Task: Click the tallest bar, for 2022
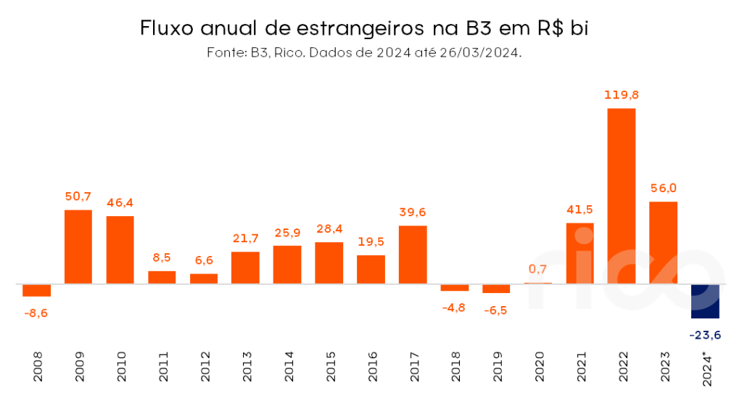click(621, 196)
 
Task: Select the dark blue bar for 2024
click(705, 301)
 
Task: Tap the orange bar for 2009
click(78, 247)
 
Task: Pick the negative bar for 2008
click(36, 290)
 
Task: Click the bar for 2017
click(413, 255)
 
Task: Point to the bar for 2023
click(663, 242)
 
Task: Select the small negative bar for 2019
click(496, 288)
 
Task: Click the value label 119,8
click(621, 95)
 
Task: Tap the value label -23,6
click(705, 334)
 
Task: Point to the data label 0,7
click(537, 269)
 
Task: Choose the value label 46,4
click(120, 202)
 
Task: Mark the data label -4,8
click(455, 306)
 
